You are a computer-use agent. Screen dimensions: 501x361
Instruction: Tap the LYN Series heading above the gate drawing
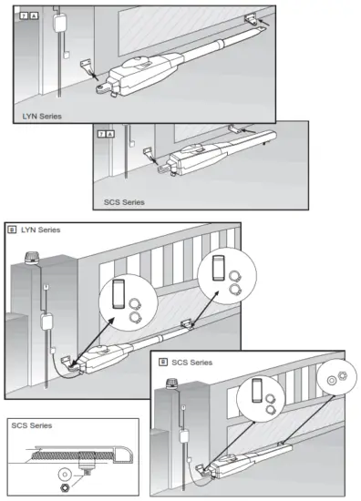coord(41,230)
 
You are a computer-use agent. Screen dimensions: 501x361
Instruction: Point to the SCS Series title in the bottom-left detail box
coord(34,425)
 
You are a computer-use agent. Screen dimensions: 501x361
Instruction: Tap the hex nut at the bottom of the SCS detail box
coord(63,489)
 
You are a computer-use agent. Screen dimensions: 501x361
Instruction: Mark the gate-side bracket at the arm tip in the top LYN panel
coord(252,19)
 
